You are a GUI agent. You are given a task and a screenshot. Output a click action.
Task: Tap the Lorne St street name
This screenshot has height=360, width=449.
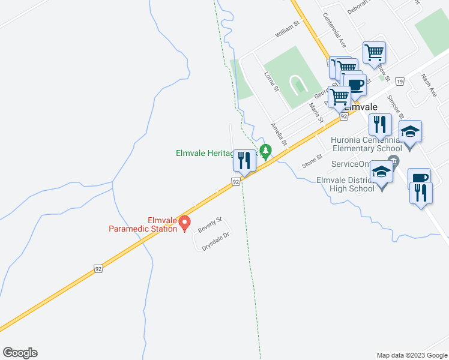click(273, 82)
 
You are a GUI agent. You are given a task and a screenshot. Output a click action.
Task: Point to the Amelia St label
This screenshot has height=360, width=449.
click(279, 135)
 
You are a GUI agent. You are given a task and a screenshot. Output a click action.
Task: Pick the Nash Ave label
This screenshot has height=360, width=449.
click(429, 84)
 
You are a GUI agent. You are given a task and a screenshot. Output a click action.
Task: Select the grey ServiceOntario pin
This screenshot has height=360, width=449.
click(394, 160)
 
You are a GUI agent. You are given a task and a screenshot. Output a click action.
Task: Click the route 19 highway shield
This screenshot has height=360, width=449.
click(399, 81)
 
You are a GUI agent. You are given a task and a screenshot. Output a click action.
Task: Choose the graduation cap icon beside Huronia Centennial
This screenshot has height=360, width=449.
click(411, 132)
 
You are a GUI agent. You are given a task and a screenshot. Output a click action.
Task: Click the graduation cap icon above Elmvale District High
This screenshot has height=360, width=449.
click(381, 172)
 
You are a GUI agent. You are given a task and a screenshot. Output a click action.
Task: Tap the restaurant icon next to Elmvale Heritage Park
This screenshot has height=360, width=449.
click(243, 160)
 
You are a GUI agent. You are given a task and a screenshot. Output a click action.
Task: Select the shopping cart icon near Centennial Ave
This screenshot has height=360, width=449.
click(374, 52)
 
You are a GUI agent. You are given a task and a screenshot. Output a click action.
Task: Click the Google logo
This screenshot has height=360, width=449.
click(20, 353)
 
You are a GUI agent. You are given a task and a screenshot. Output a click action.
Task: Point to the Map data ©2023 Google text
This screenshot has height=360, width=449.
click(411, 355)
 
